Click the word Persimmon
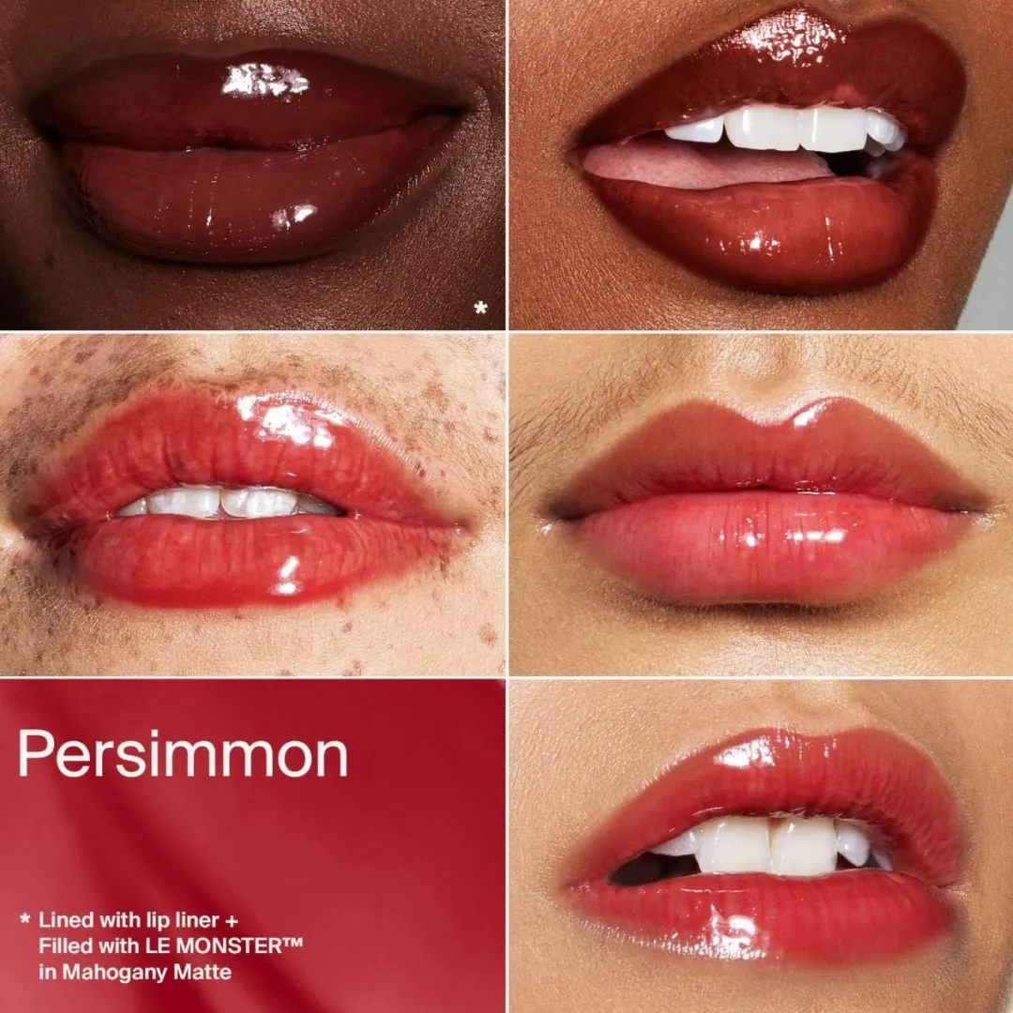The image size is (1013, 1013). coord(183,754)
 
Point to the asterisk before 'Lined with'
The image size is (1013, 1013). coord(25,918)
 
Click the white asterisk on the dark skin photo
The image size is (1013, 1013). coord(480,308)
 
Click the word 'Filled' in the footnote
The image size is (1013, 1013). coord(66,945)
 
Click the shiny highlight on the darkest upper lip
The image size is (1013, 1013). coord(265,81)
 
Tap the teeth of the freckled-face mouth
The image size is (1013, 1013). coord(230,503)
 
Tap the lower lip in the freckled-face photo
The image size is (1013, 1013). coord(259,559)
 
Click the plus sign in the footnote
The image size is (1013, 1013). coord(232,920)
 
